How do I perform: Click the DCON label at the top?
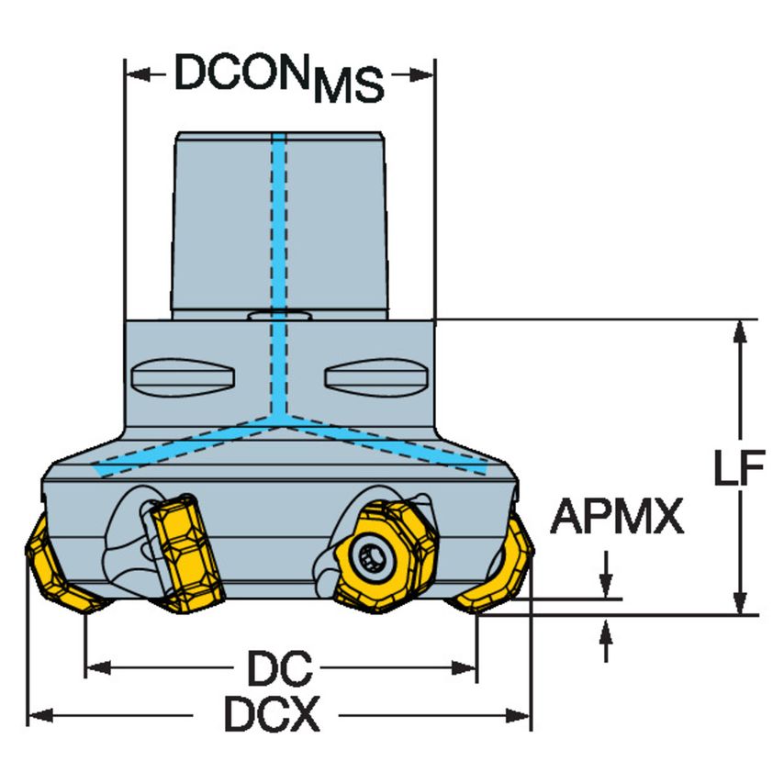point(241,73)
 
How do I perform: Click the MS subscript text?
point(349,85)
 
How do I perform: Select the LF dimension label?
point(739,467)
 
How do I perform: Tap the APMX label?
point(617,516)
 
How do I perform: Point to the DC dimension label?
point(280,668)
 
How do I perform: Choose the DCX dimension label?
point(272,714)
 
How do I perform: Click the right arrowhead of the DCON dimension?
point(421,75)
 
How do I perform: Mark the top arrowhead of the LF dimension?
point(740,332)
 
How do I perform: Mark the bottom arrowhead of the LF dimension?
point(740,602)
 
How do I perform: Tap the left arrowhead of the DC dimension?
point(98,667)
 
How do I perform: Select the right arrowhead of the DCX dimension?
point(518,715)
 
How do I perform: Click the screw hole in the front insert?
point(371,557)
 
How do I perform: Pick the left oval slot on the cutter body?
point(183,377)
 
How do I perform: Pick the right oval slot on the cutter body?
point(377,377)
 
